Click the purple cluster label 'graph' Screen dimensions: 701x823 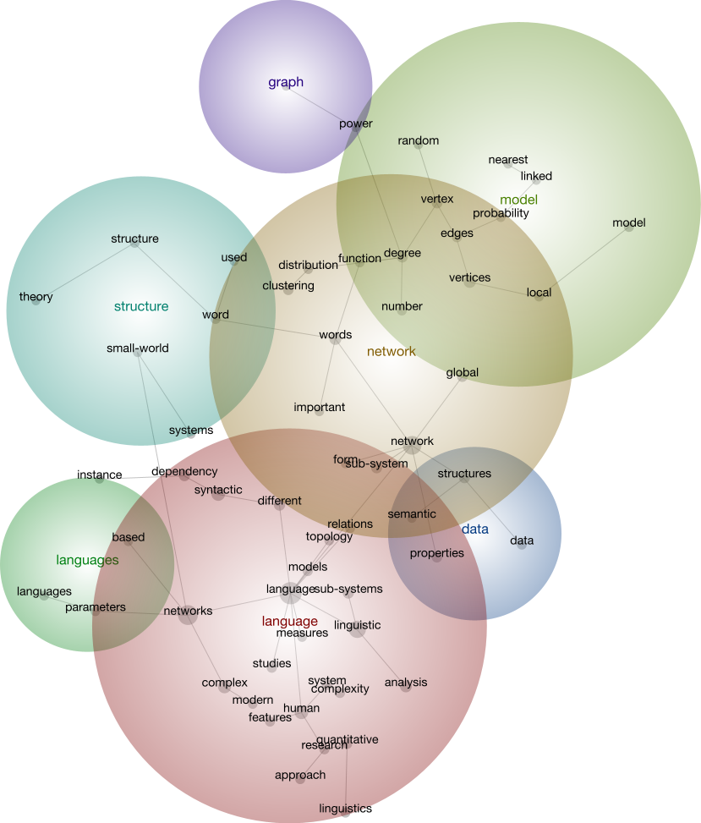coord(286,82)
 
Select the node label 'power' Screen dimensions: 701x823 coord(356,124)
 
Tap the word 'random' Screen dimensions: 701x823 coord(419,141)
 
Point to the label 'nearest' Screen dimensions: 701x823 coord(508,159)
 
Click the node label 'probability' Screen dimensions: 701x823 coord(501,213)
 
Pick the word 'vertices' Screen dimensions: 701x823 coord(469,277)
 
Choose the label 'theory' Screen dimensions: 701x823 coord(36,297)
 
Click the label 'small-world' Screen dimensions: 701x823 coord(138,348)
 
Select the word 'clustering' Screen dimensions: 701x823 coord(288,286)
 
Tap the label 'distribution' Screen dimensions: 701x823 coord(308,266)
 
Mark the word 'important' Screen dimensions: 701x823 coord(320,407)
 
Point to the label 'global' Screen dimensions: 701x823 coord(463,373)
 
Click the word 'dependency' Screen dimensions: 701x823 coord(184,471)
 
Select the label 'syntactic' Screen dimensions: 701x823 coord(218,490)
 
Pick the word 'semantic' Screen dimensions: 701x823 coord(412,514)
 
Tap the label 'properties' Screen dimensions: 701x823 coord(437,553)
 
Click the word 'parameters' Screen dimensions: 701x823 coord(96,606)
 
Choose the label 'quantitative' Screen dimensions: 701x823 coord(348,739)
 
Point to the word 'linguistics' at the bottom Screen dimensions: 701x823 coord(345,809)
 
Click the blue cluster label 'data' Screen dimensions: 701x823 coord(475,529)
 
